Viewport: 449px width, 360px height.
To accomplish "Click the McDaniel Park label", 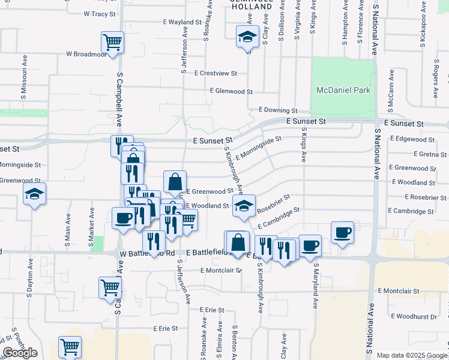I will pyautogui.click(x=344, y=90).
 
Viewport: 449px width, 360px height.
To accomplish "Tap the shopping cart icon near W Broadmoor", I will pyautogui.click(x=112, y=42).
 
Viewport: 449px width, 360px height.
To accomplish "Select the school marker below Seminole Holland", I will pyautogui.click(x=247, y=37).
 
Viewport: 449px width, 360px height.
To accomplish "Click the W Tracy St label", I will pyautogui.click(x=99, y=13).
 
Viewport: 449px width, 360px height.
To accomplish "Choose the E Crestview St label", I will pyautogui.click(x=215, y=73).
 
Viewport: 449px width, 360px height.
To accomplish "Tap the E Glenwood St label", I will pyautogui.click(x=231, y=92).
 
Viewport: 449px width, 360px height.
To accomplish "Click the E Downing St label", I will pyautogui.click(x=278, y=111).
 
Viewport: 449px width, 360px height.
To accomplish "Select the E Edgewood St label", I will pyautogui.click(x=412, y=139).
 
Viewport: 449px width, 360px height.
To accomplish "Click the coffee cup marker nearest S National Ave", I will pyautogui.click(x=342, y=232).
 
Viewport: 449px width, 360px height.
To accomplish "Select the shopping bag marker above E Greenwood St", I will pyautogui.click(x=174, y=181).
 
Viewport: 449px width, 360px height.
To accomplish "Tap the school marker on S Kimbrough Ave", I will pyautogui.click(x=244, y=205).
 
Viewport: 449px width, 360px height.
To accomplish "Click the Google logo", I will pyautogui.click(x=20, y=353).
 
